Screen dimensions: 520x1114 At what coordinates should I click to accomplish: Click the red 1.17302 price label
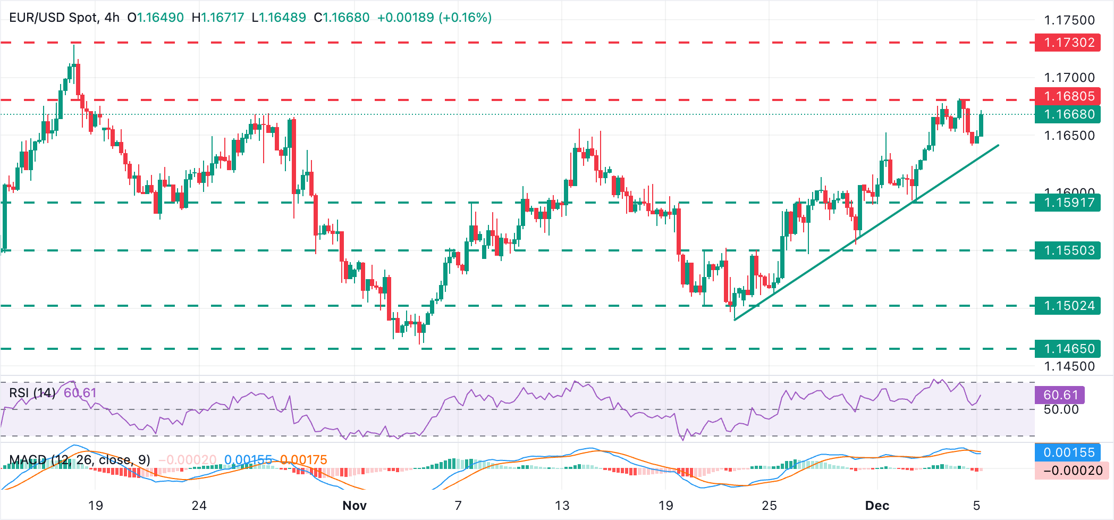(1067, 43)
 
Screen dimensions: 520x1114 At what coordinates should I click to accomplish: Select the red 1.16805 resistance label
(1067, 96)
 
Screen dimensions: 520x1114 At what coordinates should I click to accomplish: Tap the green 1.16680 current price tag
(1067, 114)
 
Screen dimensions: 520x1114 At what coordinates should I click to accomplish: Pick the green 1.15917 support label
(1067, 203)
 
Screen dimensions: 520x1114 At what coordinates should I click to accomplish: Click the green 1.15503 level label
(1067, 250)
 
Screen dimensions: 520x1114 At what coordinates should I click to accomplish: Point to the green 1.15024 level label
(1067, 306)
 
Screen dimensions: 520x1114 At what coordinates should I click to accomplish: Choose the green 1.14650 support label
(1067, 349)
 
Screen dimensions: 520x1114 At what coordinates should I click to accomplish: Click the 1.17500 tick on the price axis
(1069, 20)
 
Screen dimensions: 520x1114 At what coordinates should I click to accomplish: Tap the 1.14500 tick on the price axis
(1069, 366)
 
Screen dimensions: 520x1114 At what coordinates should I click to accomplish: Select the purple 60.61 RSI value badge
(1060, 395)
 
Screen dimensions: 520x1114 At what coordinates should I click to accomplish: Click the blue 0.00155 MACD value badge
(1068, 452)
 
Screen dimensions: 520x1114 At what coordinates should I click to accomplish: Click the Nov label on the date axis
(355, 506)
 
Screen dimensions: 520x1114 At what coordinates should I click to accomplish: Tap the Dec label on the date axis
(877, 506)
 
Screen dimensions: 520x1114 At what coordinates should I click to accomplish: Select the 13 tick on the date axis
(562, 506)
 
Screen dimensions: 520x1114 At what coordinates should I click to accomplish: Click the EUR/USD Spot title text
(53, 18)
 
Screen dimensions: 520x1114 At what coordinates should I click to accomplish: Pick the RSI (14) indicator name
(32, 393)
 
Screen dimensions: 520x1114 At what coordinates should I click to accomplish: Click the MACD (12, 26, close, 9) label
(80, 460)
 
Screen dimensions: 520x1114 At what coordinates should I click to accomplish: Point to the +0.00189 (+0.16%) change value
(434, 18)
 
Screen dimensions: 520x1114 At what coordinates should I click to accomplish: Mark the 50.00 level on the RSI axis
(1061, 410)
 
